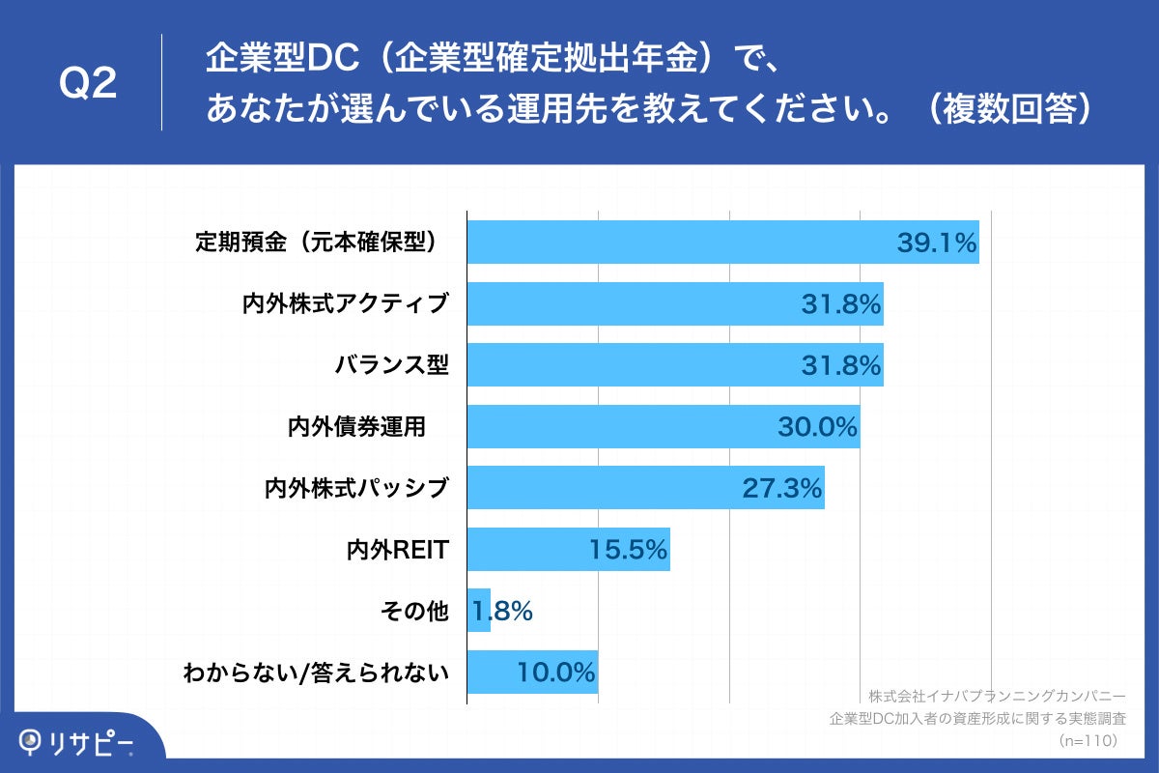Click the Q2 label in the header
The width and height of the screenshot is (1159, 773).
click(x=88, y=85)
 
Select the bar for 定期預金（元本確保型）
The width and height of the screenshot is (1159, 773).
click(x=676, y=243)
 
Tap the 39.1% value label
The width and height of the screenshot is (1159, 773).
click(x=937, y=243)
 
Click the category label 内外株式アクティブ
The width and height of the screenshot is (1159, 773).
click(x=346, y=303)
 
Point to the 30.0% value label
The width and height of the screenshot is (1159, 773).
click(x=817, y=427)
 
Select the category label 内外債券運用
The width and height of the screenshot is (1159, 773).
click(x=356, y=427)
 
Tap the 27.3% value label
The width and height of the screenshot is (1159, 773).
click(x=782, y=488)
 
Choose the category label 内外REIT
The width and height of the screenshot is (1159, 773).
click(x=398, y=550)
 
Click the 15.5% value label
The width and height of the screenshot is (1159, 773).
click(x=629, y=550)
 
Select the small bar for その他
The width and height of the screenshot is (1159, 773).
click(x=478, y=611)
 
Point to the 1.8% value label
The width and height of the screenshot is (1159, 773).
click(x=503, y=611)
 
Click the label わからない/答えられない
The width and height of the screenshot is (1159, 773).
click(x=317, y=673)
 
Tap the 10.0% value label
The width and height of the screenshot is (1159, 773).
click(x=556, y=673)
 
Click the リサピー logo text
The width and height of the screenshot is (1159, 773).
click(x=92, y=742)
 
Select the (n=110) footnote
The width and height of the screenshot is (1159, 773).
click(x=1088, y=740)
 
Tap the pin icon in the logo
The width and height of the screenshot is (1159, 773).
click(x=32, y=742)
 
